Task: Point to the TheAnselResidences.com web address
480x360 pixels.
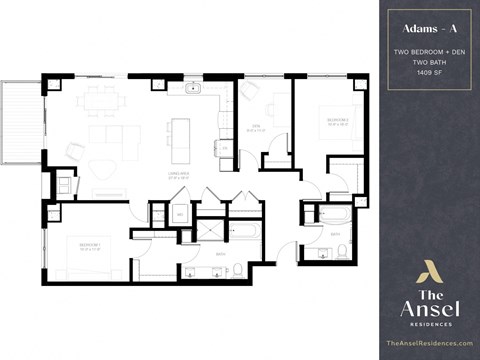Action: (x=427, y=343)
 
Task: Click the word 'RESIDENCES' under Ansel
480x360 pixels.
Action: (x=427, y=324)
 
